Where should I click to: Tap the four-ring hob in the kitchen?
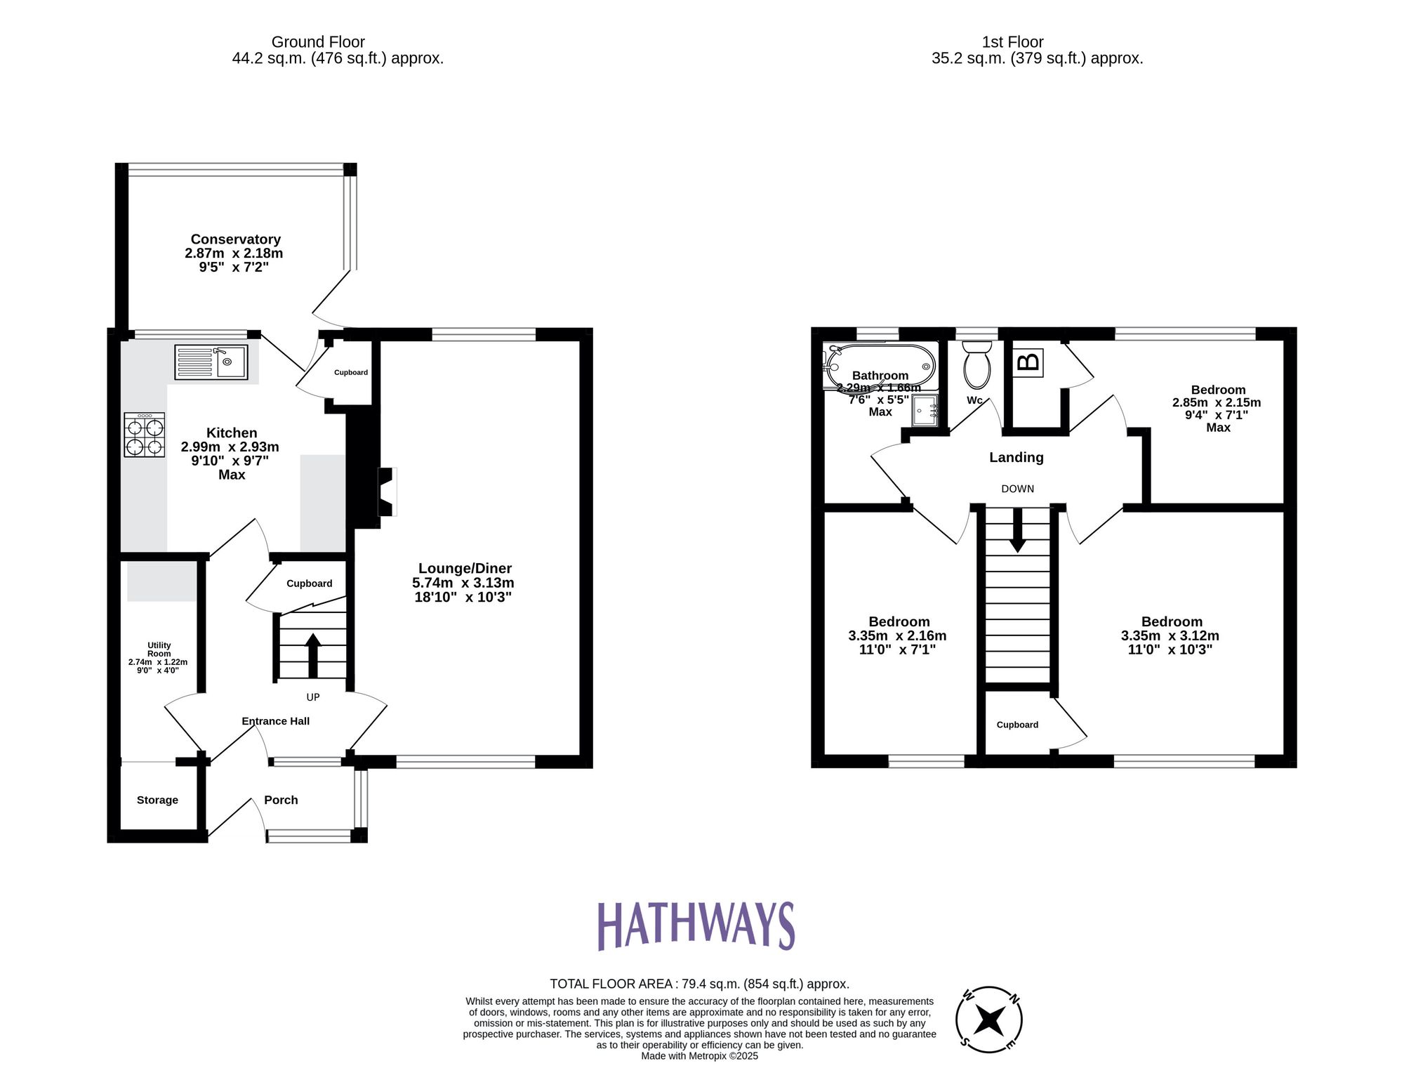point(145,435)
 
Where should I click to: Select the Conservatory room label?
point(235,239)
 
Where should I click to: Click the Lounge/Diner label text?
point(465,569)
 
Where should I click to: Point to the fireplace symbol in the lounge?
point(387,492)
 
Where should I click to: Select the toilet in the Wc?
point(976,365)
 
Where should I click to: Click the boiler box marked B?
point(1028,362)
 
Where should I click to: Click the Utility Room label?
point(159,650)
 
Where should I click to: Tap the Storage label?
point(157,800)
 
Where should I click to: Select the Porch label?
point(281,800)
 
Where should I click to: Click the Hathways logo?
point(696,926)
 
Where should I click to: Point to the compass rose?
point(989,1020)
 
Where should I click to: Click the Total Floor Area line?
point(699,984)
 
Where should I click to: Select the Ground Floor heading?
point(318,42)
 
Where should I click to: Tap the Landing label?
point(1016,458)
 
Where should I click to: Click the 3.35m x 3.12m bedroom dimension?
point(1170,636)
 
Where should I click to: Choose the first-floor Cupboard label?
point(1017,725)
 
